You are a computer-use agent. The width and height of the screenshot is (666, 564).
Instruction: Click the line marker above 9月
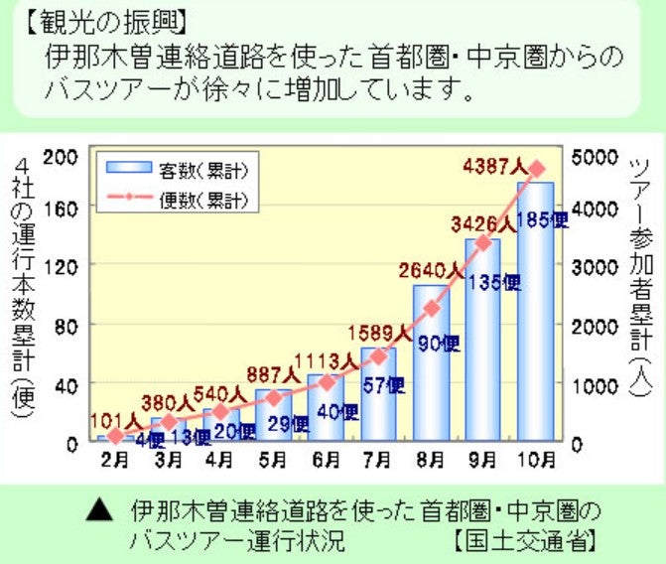[x=483, y=242]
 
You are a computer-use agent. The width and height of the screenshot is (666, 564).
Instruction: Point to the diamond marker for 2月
[x=116, y=436]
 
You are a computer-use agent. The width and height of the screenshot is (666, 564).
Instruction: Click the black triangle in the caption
[x=96, y=512]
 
